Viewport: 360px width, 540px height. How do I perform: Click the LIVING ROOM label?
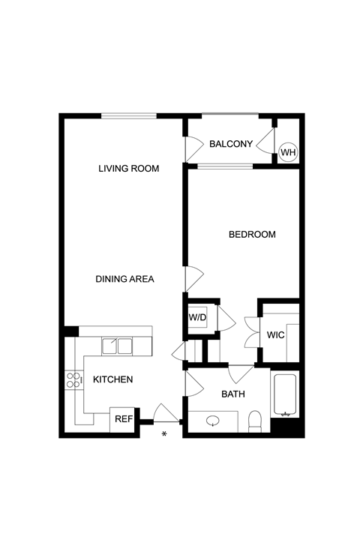click(129, 169)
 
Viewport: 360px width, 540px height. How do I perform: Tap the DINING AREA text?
click(124, 279)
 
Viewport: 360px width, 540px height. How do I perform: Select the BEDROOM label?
click(252, 235)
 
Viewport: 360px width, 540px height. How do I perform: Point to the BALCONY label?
click(231, 144)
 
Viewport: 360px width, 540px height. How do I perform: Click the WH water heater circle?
click(288, 151)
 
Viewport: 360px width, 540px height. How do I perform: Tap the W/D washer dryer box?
click(197, 316)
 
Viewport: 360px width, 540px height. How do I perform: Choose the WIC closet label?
click(275, 334)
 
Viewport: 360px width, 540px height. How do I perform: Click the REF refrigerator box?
click(124, 419)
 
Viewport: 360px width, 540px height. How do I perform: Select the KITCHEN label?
click(113, 379)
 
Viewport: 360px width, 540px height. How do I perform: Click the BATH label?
click(233, 394)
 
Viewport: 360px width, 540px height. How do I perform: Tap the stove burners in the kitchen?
click(73, 379)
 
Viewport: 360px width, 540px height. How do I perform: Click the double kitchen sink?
click(117, 346)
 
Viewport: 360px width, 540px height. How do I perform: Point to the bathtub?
click(284, 394)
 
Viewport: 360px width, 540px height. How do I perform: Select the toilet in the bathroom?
click(255, 421)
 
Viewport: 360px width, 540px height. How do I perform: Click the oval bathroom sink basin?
click(213, 421)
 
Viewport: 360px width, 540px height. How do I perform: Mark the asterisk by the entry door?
click(164, 434)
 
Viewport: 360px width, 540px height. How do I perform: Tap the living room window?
click(129, 115)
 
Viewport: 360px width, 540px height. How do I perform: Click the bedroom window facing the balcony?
click(225, 166)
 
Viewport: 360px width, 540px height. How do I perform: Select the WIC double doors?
click(252, 333)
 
